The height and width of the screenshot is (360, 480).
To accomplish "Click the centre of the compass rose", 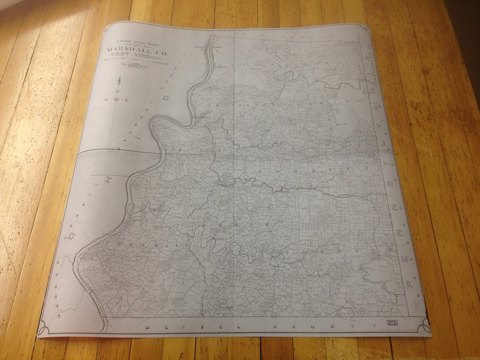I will (116, 100).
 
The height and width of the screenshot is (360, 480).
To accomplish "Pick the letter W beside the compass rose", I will (105, 100).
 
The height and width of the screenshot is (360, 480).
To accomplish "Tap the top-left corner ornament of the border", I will (110, 30).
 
